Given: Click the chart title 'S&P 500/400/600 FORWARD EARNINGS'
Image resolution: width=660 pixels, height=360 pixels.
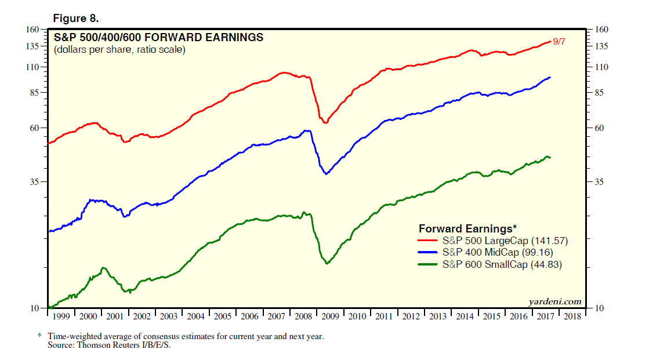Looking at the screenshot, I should [x=158, y=38].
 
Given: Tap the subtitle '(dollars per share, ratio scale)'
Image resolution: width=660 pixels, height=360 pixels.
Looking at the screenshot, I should [x=119, y=50].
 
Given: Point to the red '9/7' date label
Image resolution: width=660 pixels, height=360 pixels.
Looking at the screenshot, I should [x=559, y=42].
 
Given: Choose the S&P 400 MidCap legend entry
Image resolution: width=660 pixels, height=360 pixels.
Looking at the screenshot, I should [x=498, y=252].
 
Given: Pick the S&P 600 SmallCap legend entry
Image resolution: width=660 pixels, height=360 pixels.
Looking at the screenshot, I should [x=502, y=264].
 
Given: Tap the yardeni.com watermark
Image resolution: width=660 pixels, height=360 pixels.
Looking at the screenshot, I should [x=555, y=301].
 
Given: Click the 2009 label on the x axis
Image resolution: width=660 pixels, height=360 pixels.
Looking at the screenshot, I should [x=331, y=317].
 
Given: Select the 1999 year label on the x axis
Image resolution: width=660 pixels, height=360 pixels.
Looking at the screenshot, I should [x=60, y=317].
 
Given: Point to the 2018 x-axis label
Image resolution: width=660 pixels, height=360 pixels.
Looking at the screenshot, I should [x=572, y=317].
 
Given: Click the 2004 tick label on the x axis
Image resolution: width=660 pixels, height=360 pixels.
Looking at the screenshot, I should [x=195, y=317].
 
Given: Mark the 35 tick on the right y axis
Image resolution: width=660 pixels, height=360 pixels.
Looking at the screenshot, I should [x=600, y=182].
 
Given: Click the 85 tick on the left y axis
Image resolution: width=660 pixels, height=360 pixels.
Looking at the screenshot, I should [x=35, y=92].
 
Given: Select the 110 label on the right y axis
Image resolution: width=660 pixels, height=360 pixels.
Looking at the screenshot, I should [x=601, y=67].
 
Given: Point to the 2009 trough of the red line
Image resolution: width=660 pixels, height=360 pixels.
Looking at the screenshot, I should [x=325, y=122].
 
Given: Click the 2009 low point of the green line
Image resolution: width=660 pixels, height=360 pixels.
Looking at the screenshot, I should [x=327, y=263].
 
